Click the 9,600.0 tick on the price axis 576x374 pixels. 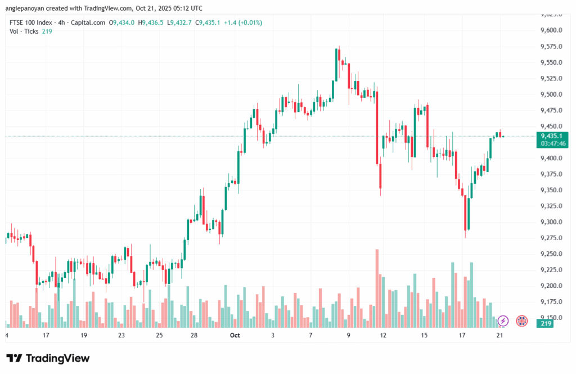[551, 30]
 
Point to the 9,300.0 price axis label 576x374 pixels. [551, 222]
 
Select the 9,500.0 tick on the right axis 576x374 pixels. [551, 94]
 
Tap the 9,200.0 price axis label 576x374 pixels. [551, 286]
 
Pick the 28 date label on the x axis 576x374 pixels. [193, 335]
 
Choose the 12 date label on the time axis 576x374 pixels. [384, 335]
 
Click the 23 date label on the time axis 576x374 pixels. [121, 335]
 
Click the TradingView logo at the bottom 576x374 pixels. [48, 358]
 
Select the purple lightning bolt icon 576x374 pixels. [503, 321]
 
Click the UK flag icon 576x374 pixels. [521, 321]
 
